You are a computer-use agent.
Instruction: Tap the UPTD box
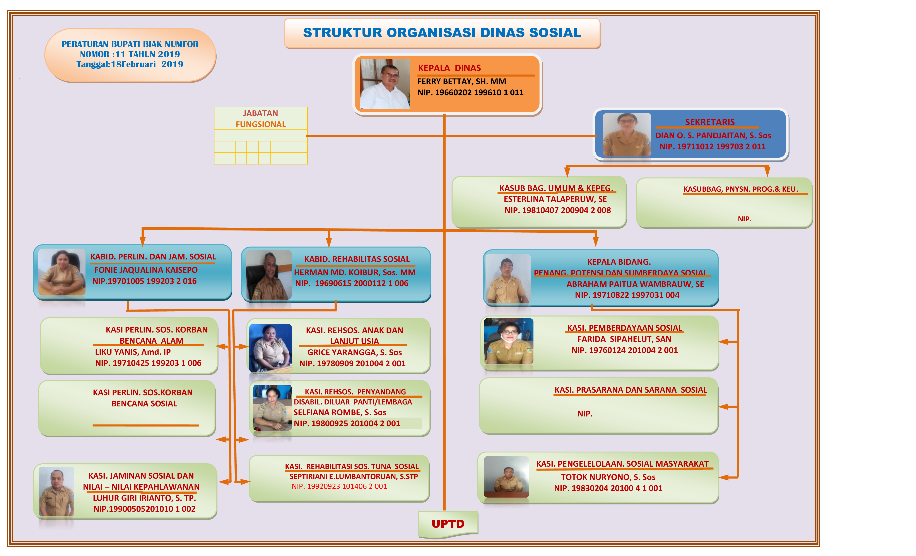[x=448, y=524]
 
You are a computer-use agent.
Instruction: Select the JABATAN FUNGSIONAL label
[x=261, y=119]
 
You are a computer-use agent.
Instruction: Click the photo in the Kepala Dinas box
[x=385, y=84]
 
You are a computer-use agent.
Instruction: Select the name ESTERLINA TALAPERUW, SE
[x=555, y=199]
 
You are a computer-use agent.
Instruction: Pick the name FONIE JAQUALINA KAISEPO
[x=146, y=270]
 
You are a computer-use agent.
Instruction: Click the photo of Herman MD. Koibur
[x=268, y=275]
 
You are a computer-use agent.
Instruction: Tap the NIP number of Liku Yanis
[x=148, y=363]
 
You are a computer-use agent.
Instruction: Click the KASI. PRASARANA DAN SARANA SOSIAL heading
[x=631, y=390]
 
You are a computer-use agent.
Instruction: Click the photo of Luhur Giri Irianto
[x=56, y=491]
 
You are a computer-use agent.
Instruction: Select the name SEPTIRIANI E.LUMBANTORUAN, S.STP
[x=354, y=476]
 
